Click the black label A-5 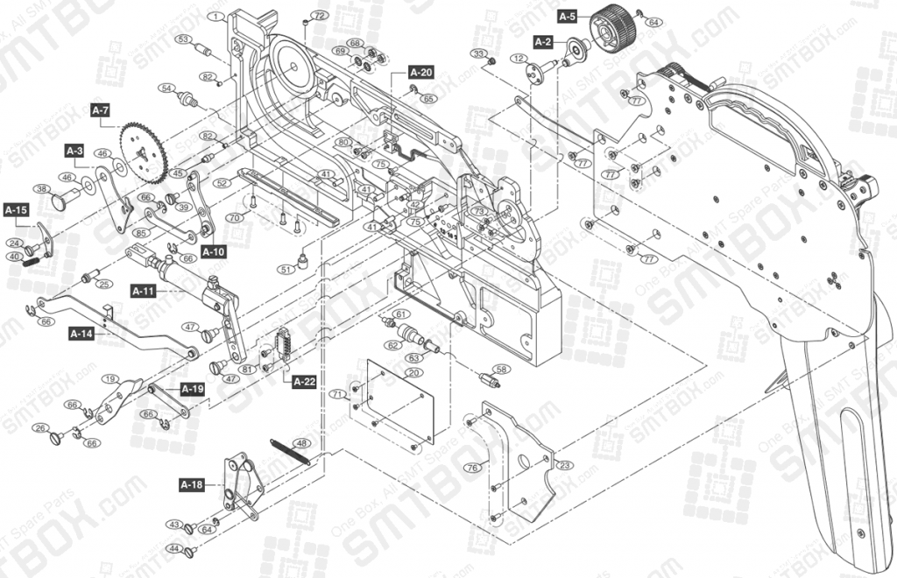click(568, 17)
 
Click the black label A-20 click(420, 73)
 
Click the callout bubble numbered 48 click(300, 442)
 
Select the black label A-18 click(192, 484)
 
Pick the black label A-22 click(305, 381)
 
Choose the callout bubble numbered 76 click(472, 468)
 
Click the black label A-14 click(81, 334)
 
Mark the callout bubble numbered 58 click(501, 369)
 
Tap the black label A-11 click(143, 290)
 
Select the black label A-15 click(17, 210)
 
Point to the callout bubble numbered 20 click(411, 371)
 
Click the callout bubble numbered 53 click(183, 39)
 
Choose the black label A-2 click(543, 41)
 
